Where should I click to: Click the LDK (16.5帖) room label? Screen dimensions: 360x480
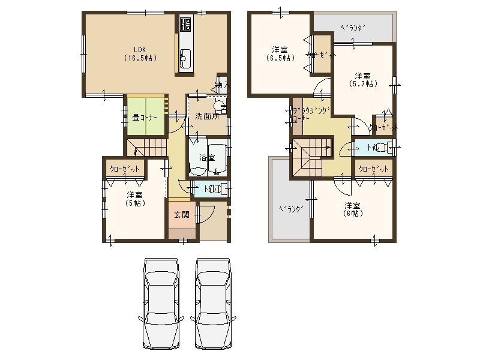[x=140, y=54]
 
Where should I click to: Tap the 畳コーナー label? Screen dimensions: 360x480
[x=145, y=117]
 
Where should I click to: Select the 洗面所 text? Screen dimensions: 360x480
[x=206, y=116]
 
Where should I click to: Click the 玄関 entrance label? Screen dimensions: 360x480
[x=181, y=215]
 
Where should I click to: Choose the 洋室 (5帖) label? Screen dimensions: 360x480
[x=134, y=199]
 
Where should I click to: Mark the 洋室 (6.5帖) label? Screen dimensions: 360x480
[x=279, y=53]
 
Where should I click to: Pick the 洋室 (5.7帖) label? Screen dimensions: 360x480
[x=362, y=80]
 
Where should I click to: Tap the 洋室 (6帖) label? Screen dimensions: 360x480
[x=352, y=209]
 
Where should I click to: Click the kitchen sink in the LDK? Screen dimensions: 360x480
[x=185, y=59]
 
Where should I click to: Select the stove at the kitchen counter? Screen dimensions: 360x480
[x=185, y=25]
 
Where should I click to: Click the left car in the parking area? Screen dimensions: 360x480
[x=161, y=302]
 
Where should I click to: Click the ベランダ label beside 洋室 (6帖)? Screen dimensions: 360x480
[x=290, y=209]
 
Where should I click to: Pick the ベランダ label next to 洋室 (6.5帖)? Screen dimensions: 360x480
[x=353, y=28]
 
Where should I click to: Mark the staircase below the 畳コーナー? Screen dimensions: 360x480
[x=147, y=147]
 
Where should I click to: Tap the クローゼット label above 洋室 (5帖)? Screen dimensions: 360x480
[x=125, y=169]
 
